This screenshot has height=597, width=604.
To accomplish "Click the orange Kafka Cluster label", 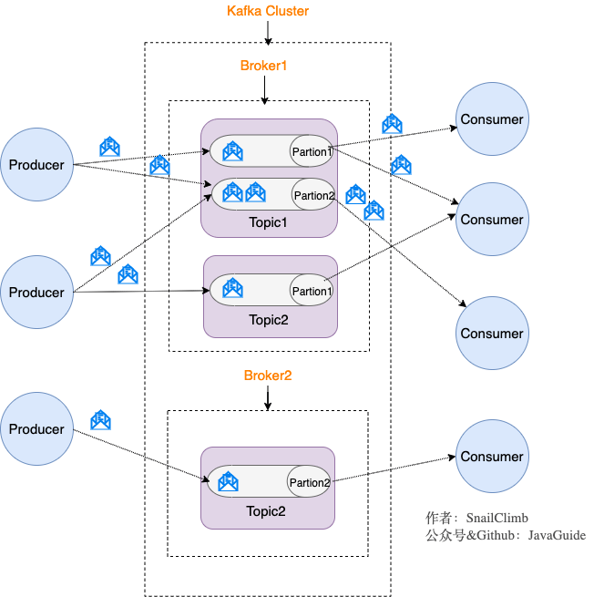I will (267, 12).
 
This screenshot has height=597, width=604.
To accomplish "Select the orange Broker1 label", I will (263, 67).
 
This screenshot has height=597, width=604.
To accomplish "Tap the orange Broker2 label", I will (267, 376).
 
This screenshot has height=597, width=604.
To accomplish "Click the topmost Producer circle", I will (36, 165).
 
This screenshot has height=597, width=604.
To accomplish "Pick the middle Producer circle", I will (36, 293).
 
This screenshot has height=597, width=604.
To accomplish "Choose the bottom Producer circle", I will (36, 429).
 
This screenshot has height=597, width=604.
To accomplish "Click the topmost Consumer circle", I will (492, 119).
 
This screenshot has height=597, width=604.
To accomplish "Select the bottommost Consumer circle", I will (492, 457).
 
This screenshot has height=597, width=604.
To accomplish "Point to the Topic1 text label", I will (268, 222).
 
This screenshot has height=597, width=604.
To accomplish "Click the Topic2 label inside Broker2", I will (265, 511).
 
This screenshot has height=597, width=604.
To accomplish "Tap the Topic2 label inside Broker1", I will (268, 320).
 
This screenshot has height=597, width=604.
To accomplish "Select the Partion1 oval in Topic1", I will (312, 151).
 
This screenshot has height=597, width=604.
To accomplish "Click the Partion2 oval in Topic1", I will (313, 195).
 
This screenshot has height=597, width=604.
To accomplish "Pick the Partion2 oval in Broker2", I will (309, 482).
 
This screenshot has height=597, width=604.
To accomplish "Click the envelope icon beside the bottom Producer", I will (100, 420).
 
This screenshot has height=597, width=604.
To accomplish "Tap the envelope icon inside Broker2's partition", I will (229, 481).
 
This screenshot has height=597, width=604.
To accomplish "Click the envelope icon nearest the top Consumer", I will (392, 124).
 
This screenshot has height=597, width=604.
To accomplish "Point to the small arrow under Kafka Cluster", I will (267, 33).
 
